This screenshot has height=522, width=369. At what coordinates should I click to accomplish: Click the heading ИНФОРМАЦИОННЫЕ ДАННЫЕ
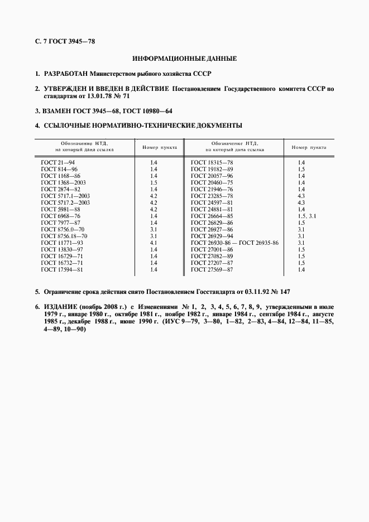tap(184, 58)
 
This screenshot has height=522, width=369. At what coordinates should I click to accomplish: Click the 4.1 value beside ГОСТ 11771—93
tap(154, 243)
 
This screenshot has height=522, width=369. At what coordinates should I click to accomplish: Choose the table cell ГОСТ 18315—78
tap(212, 162)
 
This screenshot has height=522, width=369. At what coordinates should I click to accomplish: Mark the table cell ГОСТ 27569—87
tap(212, 269)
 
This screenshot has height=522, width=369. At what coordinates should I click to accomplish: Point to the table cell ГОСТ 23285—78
tap(212, 196)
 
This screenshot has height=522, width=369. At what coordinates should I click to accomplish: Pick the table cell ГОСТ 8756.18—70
tap(64, 236)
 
